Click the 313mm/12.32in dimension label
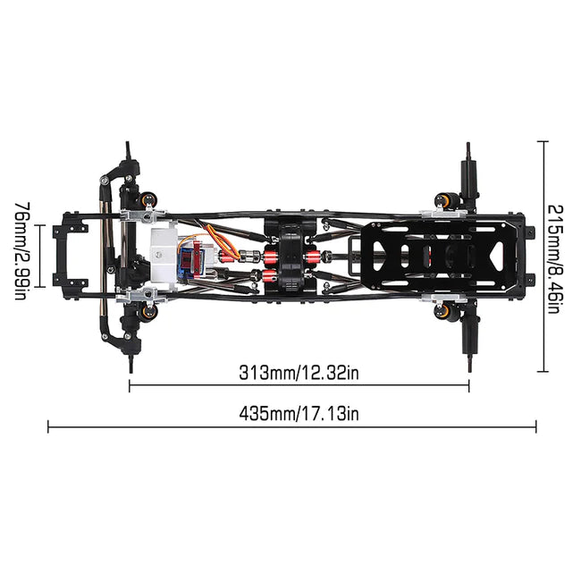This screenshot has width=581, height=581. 299,373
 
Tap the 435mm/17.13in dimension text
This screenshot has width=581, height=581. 299,413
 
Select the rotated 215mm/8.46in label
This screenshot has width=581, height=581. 555,259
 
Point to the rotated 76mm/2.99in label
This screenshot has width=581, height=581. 22,250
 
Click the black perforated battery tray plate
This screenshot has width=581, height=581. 437,256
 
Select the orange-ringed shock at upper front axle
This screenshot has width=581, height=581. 148,199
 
